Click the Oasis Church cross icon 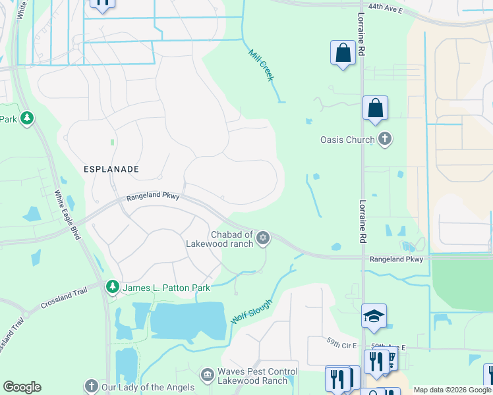385,140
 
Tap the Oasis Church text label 347,140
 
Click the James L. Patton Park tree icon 112,286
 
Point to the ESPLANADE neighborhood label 111,169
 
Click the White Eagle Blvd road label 66,215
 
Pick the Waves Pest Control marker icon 208,374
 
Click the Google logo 22,387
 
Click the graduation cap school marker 374,317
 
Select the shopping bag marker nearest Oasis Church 375,108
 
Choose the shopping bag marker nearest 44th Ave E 343,53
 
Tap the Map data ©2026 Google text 451,390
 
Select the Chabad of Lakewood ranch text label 232,240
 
